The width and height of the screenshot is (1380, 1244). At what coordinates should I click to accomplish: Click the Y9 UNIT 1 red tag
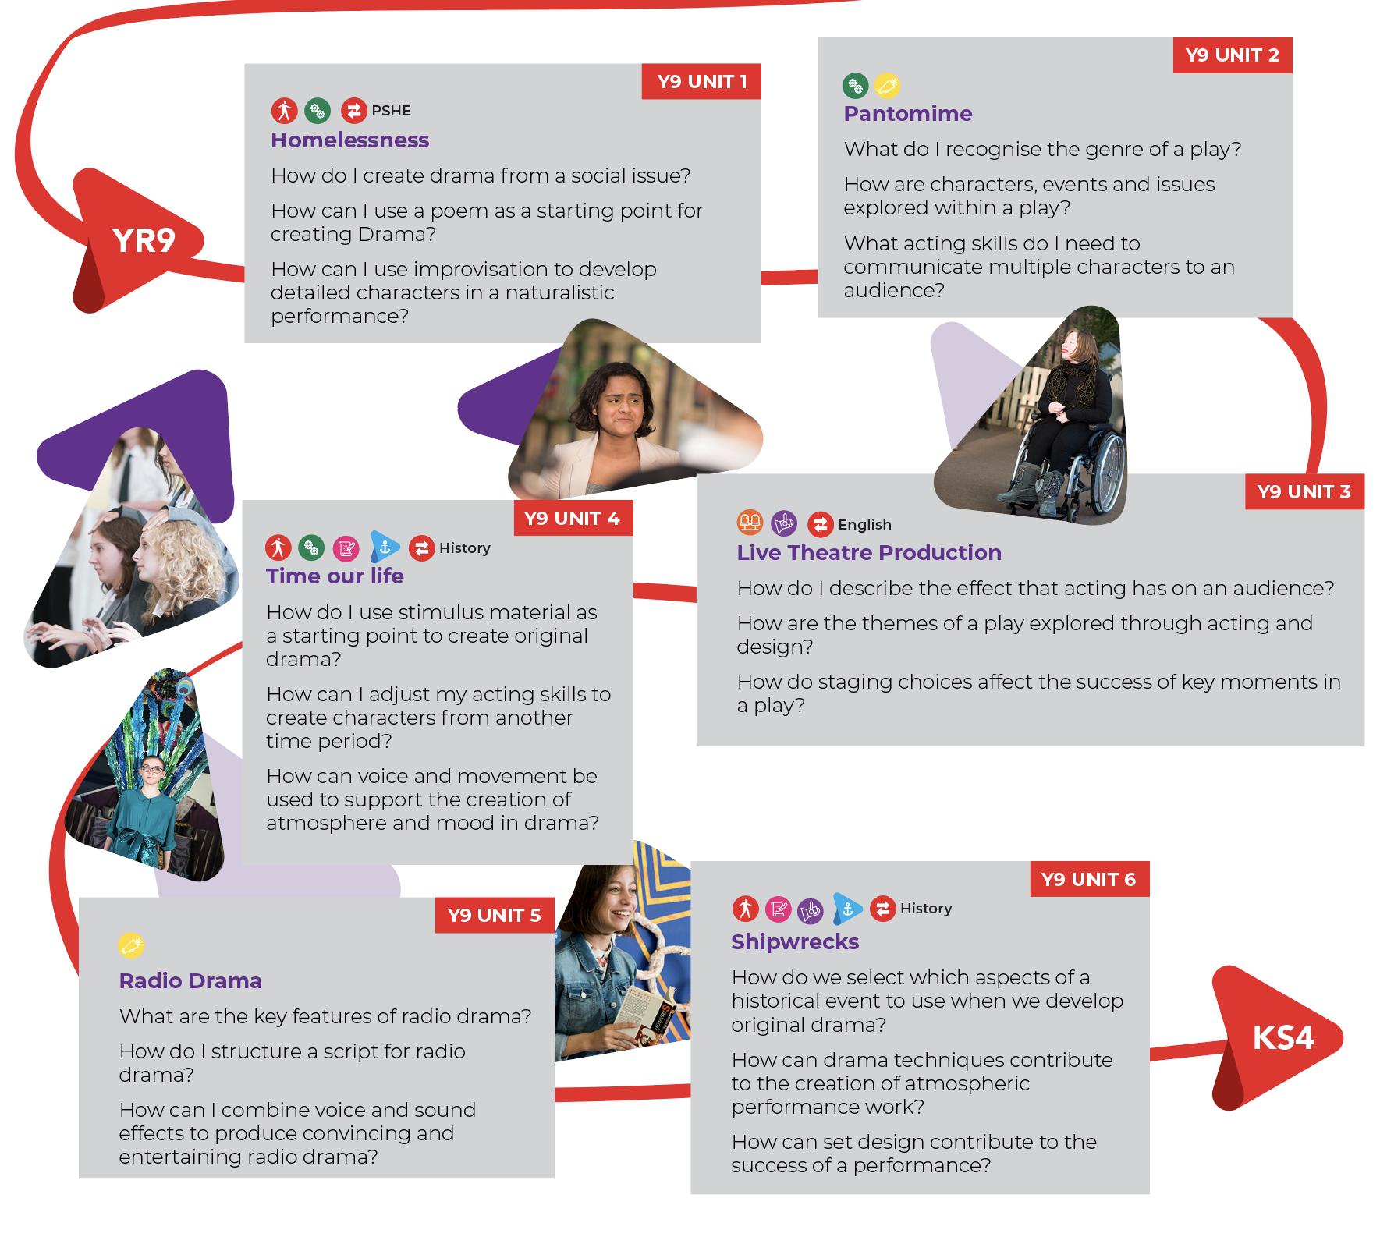(701, 82)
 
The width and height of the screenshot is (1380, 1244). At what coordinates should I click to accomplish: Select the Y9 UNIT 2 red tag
(1232, 55)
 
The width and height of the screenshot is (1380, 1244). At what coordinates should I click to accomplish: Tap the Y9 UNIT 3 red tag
(1304, 492)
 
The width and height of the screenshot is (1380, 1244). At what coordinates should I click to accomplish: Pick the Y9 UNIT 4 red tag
(572, 519)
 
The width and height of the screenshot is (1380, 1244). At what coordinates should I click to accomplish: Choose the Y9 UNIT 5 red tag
(494, 915)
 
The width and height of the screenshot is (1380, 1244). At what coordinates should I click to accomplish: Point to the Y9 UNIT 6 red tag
(1088, 880)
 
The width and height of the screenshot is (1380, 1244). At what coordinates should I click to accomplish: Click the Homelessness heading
(349, 140)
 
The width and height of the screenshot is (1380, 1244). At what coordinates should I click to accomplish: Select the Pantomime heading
(907, 114)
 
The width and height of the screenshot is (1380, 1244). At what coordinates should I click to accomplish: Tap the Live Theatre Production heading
(869, 553)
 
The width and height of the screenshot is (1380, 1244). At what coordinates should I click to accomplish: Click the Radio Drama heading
(190, 981)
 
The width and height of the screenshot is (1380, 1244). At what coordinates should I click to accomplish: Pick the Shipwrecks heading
(795, 942)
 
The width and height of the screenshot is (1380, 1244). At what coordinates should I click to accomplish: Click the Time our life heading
(335, 576)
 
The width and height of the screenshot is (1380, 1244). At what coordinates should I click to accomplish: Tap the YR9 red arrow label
(144, 241)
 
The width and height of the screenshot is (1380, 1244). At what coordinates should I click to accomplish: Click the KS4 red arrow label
(1282, 1038)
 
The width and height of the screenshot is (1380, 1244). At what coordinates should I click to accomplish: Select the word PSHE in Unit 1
(391, 111)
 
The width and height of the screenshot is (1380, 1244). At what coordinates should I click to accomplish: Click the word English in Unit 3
(864, 525)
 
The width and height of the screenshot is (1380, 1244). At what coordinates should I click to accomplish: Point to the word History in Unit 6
(926, 909)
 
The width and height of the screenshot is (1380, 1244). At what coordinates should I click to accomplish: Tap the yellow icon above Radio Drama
(132, 945)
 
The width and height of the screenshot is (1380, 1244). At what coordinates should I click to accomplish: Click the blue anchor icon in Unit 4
(385, 548)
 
